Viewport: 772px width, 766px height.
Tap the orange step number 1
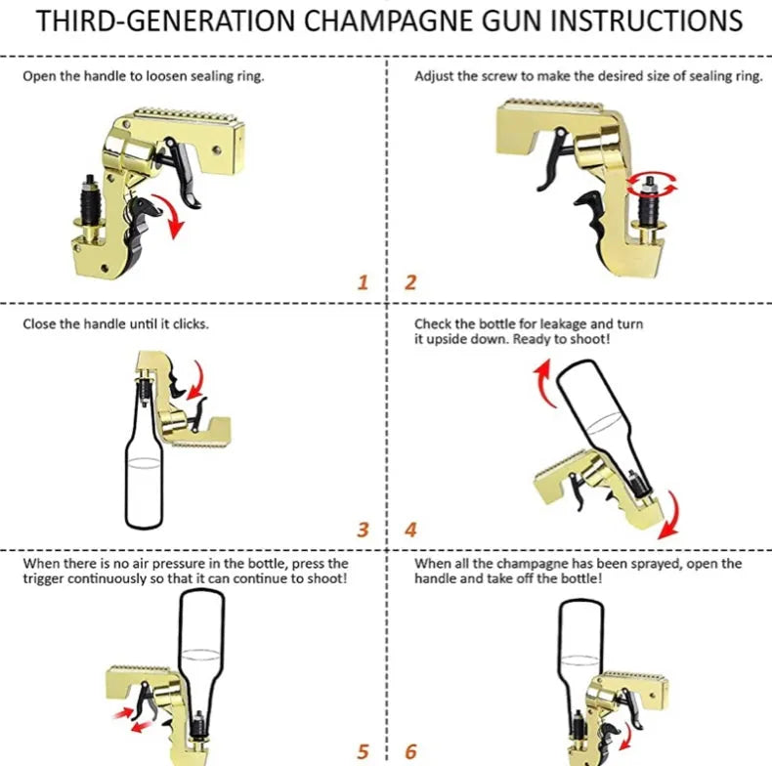pos(363,282)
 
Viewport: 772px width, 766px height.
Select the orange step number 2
pos(410,282)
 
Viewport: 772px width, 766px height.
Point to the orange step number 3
pos(363,530)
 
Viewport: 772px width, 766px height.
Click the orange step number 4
pos(410,530)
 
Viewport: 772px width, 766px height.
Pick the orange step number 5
pos(363,752)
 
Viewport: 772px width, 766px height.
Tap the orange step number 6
pos(410,752)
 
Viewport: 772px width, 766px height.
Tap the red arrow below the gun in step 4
pos(670,515)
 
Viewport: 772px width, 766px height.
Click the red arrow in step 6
pos(625,737)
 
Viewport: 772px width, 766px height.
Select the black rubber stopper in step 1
pos(91,199)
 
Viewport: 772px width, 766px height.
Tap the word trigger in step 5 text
pos(43,579)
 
